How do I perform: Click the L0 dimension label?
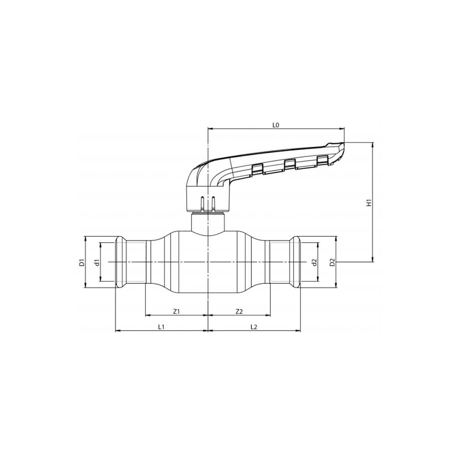[x=276, y=124]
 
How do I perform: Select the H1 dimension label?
[x=370, y=202]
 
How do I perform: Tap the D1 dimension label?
[x=81, y=262]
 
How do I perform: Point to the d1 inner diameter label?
[x=96, y=262]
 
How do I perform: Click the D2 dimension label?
[x=332, y=262]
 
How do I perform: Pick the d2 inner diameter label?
[x=314, y=262]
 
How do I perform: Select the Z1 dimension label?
[x=177, y=311]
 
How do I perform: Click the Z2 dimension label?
[x=239, y=311]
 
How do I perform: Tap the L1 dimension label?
[x=161, y=327]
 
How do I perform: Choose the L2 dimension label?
[x=254, y=327]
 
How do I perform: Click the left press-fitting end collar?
[x=121, y=262]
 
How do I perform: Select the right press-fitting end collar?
[x=295, y=262]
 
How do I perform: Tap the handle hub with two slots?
[x=208, y=199]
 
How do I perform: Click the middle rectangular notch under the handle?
[x=289, y=164]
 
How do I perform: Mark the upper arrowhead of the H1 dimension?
[x=374, y=145]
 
